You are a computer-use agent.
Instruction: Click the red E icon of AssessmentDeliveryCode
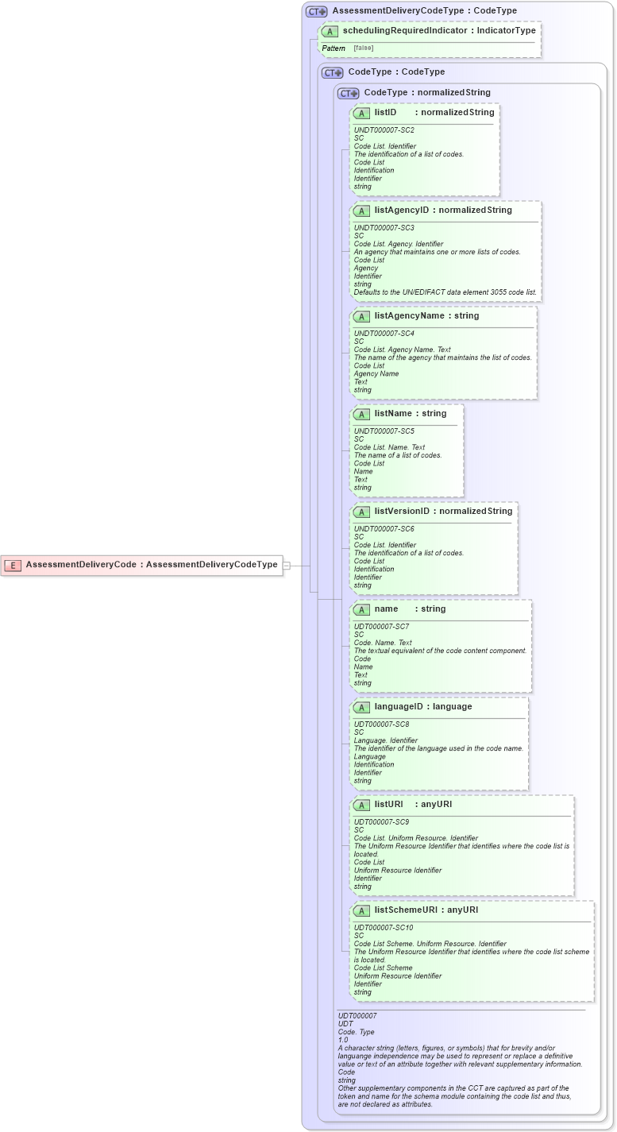coord(13,565)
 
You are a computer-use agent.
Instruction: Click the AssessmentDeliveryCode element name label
coord(81,565)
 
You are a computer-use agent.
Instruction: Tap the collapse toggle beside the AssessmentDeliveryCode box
coord(287,566)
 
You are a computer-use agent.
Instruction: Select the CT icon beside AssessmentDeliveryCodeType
coord(317,11)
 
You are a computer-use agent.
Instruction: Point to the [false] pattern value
coord(364,48)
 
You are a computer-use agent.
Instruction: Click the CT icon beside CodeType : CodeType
coord(333,72)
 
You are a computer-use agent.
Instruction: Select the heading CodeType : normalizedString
coord(427,93)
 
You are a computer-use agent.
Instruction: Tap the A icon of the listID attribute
coord(361,113)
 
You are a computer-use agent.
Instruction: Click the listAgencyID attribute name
coord(402,211)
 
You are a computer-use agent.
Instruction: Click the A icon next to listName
coord(361,414)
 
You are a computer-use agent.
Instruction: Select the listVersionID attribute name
coord(402,512)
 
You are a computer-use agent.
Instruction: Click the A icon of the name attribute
coord(361,609)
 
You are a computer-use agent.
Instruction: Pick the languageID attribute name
coord(401,707)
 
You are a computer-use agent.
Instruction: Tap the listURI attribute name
coord(389,805)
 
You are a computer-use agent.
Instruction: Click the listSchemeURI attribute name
coord(406,910)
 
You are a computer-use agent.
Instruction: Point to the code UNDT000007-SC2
coord(384,129)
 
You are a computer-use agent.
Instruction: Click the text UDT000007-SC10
coord(384,927)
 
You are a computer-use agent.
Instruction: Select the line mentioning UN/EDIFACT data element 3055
coord(445,292)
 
